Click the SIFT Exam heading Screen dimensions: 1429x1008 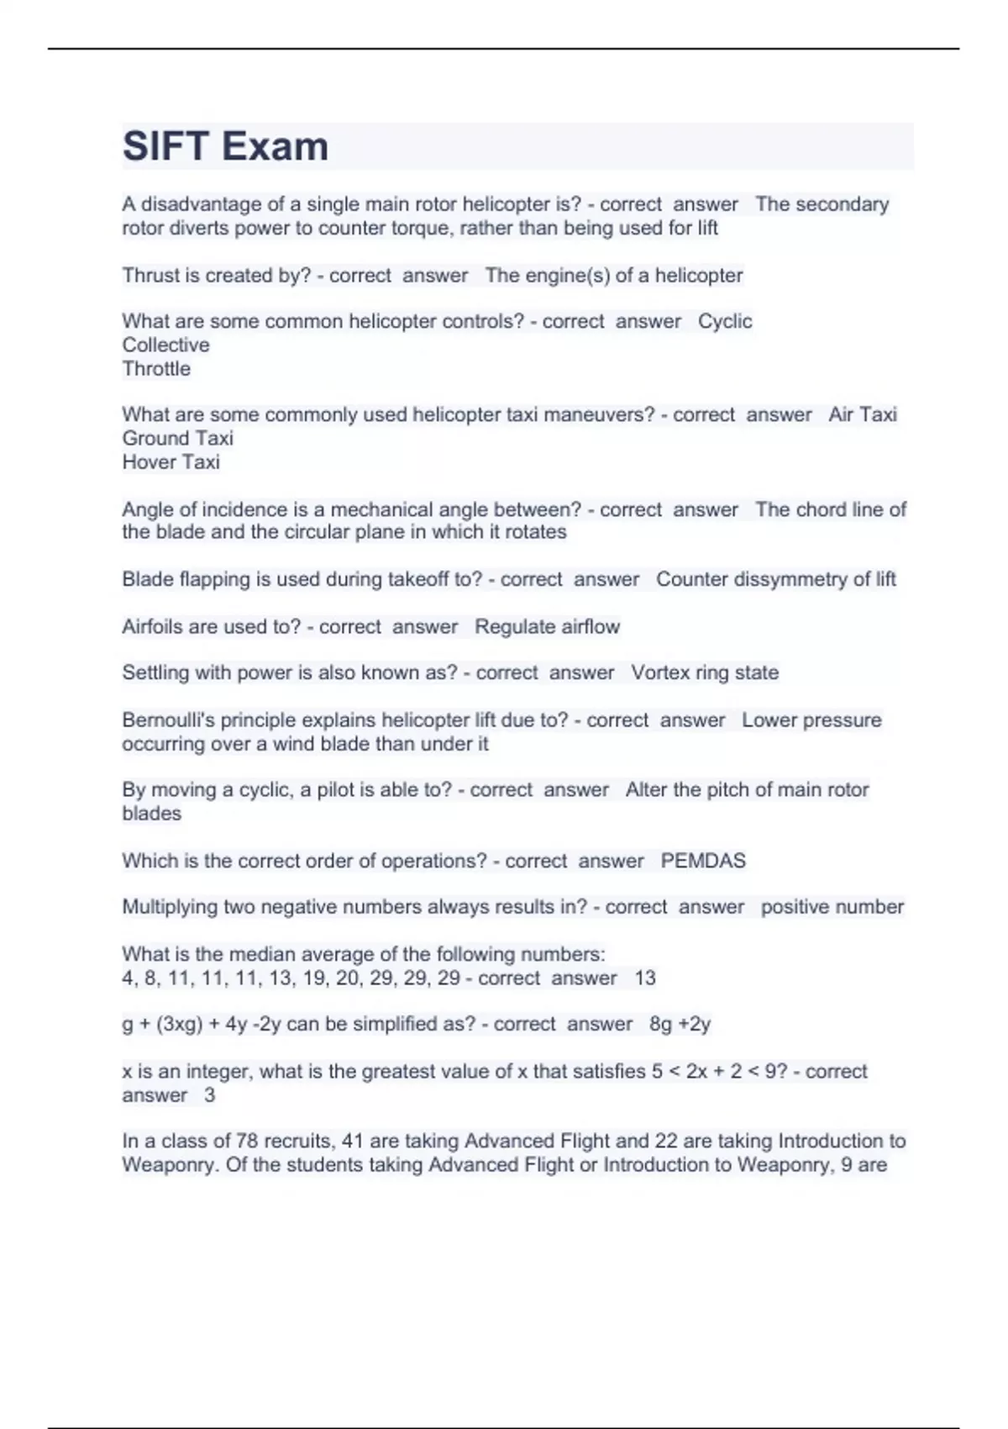click(x=225, y=146)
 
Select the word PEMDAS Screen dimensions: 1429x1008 click(x=703, y=861)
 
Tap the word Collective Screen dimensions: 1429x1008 click(x=165, y=345)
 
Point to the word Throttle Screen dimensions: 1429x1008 click(x=156, y=368)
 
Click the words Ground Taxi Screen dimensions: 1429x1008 click(x=177, y=438)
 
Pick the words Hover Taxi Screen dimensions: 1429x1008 click(x=171, y=461)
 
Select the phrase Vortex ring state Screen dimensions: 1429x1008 click(x=705, y=672)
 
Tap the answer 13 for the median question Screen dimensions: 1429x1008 click(x=645, y=978)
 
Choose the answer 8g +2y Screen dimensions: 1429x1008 click(x=680, y=1024)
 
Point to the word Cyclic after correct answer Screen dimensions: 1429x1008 click(x=725, y=321)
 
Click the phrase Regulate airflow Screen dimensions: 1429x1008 click(x=547, y=626)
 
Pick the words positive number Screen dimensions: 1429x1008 click(x=832, y=907)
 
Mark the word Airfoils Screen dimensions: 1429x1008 click(x=154, y=626)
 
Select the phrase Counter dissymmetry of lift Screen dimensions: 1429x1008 click(x=775, y=579)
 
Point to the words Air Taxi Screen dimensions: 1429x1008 click(x=863, y=414)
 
